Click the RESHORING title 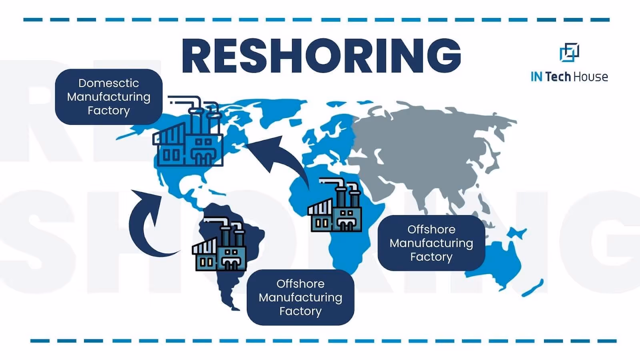point(321,56)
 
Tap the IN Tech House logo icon point(569,52)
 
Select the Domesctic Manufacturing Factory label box point(109,97)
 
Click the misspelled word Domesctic point(109,83)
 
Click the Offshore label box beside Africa point(431,243)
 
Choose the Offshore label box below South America point(300,297)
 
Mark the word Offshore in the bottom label point(300,284)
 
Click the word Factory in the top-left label point(109,110)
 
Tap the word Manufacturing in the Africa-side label point(431,243)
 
